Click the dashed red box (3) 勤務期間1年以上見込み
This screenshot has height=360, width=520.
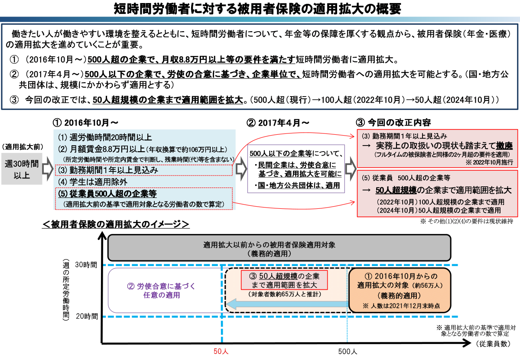coord(144,170)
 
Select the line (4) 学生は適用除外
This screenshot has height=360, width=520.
coord(93,182)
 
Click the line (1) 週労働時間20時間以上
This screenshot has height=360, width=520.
coord(104,137)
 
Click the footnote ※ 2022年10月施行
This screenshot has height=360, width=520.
coord(489,163)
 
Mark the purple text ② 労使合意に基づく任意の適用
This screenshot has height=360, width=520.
coord(161,291)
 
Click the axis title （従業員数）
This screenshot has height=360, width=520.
coord(492,344)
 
